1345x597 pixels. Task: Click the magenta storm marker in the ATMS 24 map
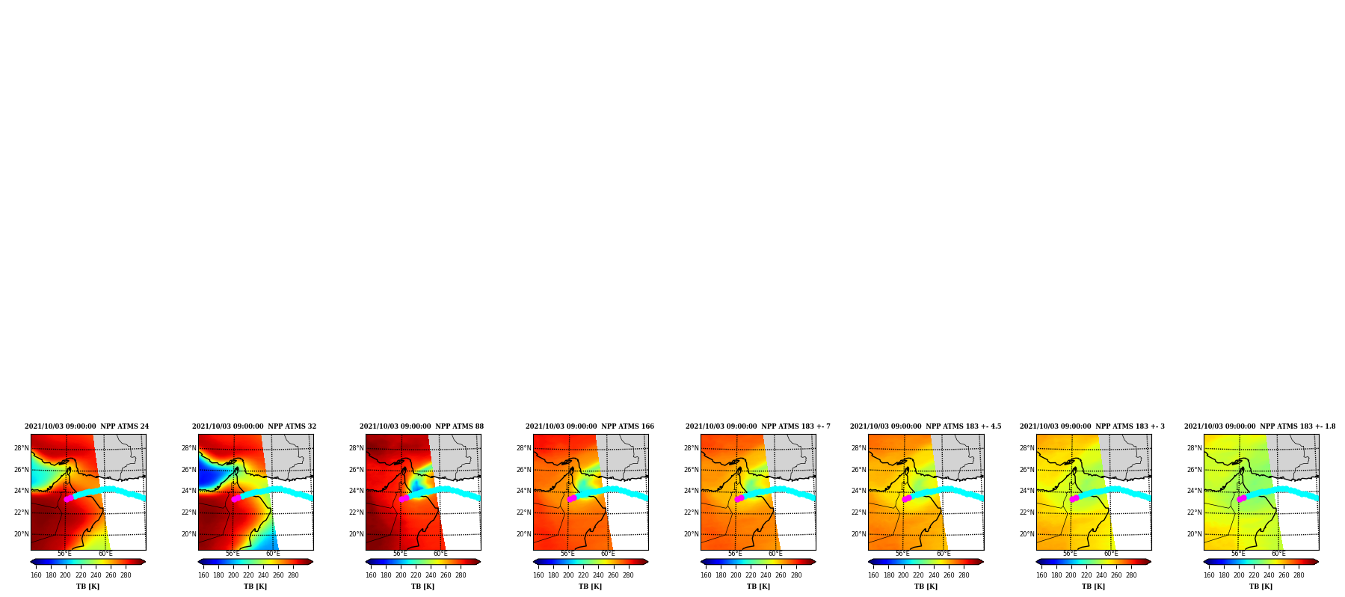coord(69,498)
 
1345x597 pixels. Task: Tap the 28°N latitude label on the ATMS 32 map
coord(189,448)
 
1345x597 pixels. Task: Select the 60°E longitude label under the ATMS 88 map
coord(440,554)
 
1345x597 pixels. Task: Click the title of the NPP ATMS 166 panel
coord(590,426)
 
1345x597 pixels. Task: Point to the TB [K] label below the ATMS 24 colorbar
coord(87,587)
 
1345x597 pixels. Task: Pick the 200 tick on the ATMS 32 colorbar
coord(233,575)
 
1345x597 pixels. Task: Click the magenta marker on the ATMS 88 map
coord(404,498)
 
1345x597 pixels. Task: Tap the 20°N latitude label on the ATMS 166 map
coord(524,534)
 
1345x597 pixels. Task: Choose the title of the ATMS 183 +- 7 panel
coord(758,426)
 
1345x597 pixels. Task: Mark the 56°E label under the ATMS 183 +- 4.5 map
coord(903,554)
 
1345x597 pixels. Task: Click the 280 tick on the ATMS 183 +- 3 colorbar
coord(1131,575)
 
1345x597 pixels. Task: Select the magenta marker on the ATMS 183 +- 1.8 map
coord(1242,498)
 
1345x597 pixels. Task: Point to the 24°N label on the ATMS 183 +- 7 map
coord(692,491)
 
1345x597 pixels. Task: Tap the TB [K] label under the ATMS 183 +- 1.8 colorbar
coord(1261,587)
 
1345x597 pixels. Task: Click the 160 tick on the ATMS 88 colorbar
coord(371,575)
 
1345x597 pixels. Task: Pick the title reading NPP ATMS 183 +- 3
coord(1092,426)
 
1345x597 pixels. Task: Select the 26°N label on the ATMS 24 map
coord(22,470)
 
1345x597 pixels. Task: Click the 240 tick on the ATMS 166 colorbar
coord(598,575)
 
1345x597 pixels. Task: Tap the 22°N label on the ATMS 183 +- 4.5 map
coord(859,512)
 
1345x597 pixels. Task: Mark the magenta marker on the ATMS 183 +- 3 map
coord(1074,498)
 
